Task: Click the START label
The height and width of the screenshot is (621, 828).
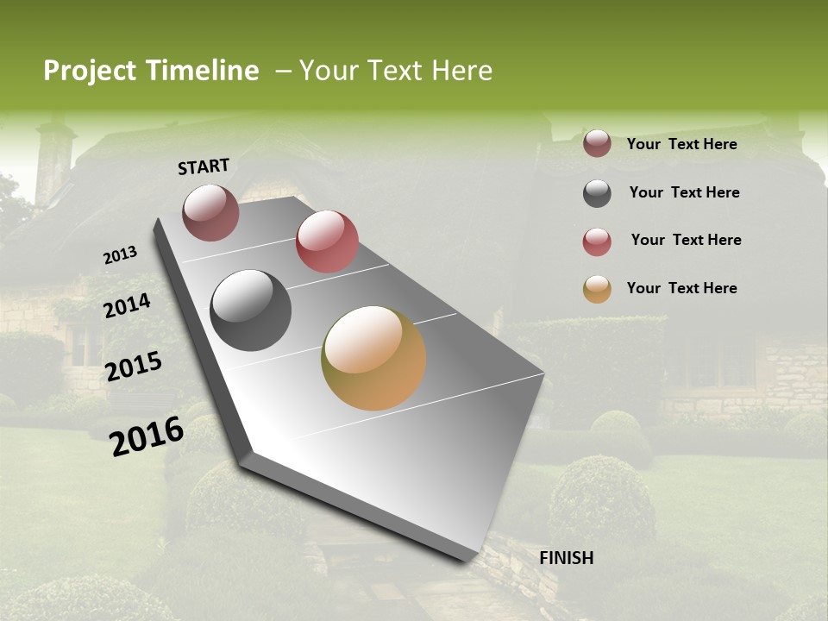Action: [x=204, y=166]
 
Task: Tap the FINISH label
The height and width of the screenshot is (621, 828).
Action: [x=566, y=558]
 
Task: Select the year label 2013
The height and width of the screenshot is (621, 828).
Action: [x=120, y=255]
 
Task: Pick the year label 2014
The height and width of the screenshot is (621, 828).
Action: [x=127, y=306]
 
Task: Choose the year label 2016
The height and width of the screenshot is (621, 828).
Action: [x=147, y=436]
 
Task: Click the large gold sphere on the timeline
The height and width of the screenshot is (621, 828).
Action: [x=373, y=358]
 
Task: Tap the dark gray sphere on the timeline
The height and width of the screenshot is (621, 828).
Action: [x=251, y=310]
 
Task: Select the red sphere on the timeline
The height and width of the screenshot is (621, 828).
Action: [x=327, y=241]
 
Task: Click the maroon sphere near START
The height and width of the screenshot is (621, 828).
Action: [x=210, y=212]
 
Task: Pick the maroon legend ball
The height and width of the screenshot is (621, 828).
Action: [x=597, y=144]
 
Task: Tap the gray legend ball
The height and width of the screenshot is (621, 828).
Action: [x=597, y=193]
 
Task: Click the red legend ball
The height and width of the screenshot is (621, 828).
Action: [x=597, y=241]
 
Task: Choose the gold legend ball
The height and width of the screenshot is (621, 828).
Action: [x=597, y=289]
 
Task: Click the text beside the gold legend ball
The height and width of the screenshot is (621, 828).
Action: [x=681, y=288]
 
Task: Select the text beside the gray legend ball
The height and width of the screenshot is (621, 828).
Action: [x=684, y=192]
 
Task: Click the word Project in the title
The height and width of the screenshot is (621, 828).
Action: [x=90, y=71]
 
